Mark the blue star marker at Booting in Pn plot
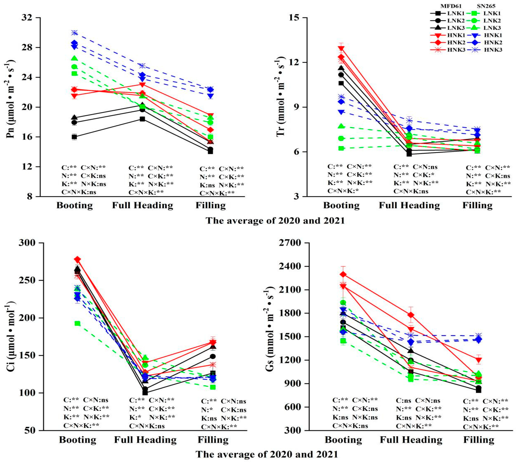pyautogui.click(x=74, y=33)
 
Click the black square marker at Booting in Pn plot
pyautogui.click(x=74, y=137)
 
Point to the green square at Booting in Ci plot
pyautogui.click(x=77, y=324)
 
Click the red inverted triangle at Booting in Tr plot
pyautogui.click(x=341, y=48)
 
